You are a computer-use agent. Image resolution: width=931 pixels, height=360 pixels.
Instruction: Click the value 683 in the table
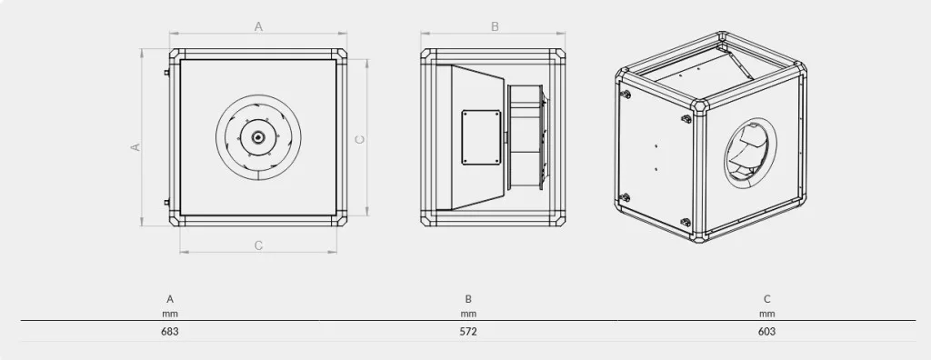pyautogui.click(x=170, y=332)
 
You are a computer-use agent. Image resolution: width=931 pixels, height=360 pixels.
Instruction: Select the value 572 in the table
pyautogui.click(x=468, y=332)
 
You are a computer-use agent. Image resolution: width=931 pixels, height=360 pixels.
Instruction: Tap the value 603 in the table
pyautogui.click(x=766, y=332)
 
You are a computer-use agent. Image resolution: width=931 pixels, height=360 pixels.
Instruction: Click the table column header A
pyautogui.click(x=170, y=299)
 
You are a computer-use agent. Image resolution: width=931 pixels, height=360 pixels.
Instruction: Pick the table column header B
pyautogui.click(x=468, y=299)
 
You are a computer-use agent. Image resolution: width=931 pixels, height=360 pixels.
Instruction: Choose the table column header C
pyautogui.click(x=767, y=299)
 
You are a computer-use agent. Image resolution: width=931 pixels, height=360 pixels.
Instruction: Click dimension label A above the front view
pyautogui.click(x=258, y=26)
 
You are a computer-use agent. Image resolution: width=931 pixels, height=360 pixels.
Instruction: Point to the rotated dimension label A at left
pyautogui.click(x=135, y=146)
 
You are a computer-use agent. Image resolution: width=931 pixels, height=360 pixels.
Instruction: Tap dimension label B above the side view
pyautogui.click(x=496, y=26)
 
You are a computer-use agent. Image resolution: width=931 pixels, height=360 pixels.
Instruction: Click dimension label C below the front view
pyautogui.click(x=258, y=245)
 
